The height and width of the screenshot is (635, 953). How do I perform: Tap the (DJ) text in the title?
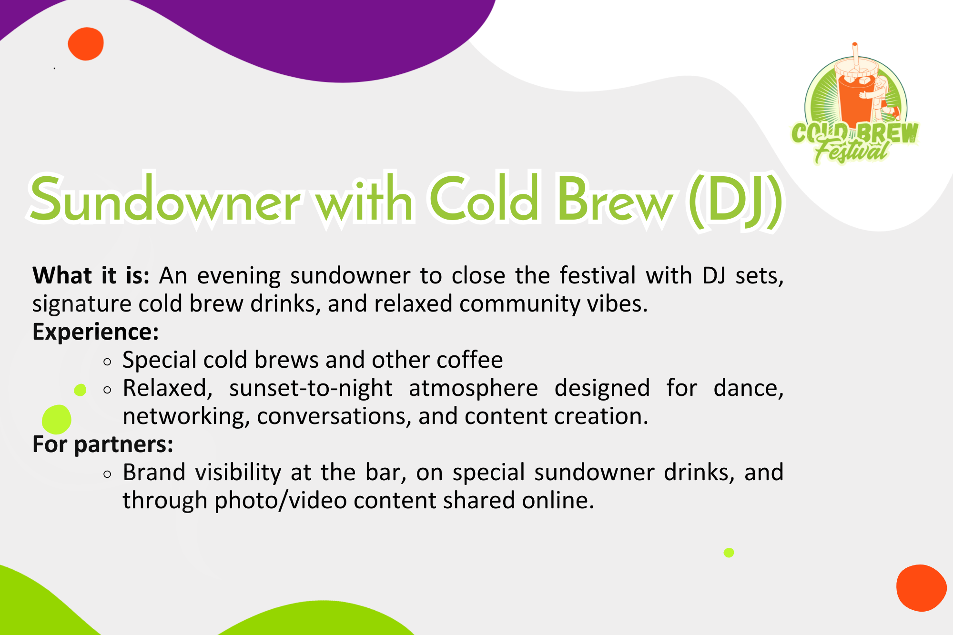point(735,202)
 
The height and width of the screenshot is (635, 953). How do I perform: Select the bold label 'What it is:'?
point(91,275)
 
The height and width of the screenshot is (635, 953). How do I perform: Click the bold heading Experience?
point(95,332)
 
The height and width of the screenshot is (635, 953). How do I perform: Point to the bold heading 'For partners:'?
point(103,444)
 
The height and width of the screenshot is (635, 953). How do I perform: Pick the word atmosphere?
point(473,388)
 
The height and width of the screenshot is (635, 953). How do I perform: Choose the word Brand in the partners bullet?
point(153,473)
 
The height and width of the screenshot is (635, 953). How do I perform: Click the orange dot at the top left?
point(86,44)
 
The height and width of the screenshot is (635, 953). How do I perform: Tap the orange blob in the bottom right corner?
point(921,588)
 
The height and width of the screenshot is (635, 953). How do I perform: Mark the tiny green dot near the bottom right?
point(729,553)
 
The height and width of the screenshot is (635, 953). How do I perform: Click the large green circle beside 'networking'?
point(57,419)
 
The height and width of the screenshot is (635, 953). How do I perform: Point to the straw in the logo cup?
point(856,56)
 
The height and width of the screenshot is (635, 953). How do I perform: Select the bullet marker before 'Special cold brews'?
point(107,362)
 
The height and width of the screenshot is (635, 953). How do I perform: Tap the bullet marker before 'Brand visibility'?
point(107,474)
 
